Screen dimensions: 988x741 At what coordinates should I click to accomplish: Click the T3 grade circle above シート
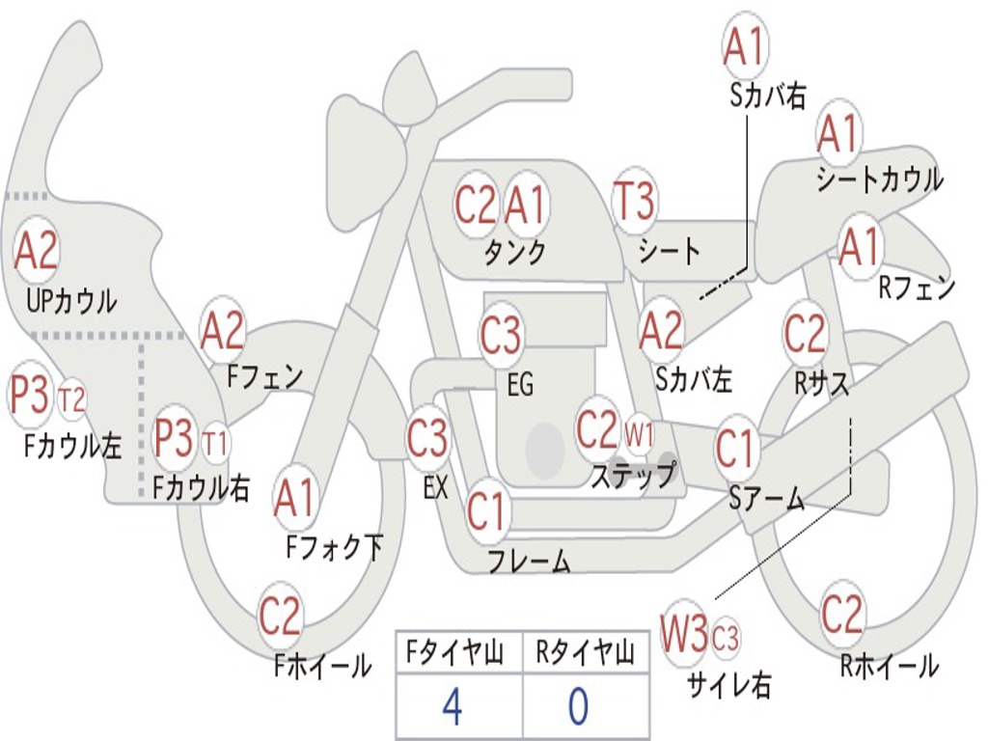click(x=635, y=201)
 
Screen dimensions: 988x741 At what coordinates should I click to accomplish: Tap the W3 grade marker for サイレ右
click(x=684, y=633)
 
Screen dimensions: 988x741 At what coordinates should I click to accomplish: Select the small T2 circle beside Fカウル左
click(x=71, y=399)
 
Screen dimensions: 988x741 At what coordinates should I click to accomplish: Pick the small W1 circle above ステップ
click(x=639, y=433)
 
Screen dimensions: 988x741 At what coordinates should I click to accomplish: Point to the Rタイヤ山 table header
click(x=586, y=653)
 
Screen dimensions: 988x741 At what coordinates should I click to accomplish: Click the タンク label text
click(x=515, y=252)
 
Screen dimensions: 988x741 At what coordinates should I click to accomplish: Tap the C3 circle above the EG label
click(x=501, y=335)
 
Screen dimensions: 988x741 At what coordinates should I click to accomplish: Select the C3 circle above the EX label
click(x=427, y=438)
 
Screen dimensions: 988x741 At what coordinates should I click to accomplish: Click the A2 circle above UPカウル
click(x=36, y=250)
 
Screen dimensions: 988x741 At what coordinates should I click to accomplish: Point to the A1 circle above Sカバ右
click(x=746, y=46)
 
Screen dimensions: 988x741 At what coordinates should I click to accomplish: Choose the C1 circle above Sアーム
click(x=735, y=449)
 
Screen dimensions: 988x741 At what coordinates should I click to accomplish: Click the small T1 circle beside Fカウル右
click(x=215, y=442)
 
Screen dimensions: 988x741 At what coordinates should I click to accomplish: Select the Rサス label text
click(x=821, y=382)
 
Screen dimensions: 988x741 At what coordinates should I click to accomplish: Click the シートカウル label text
click(x=880, y=178)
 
